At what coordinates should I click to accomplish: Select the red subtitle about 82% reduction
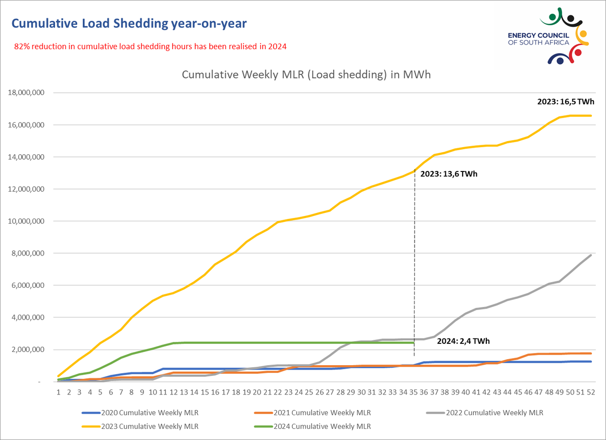[x=150, y=47]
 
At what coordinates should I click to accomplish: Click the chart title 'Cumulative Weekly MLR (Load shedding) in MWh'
[x=306, y=75]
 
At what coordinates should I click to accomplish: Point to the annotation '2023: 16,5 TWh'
[x=566, y=102]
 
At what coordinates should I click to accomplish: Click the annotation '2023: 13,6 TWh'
[x=449, y=174]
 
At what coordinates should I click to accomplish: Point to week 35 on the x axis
[x=414, y=391]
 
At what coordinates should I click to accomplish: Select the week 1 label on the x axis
[x=59, y=391]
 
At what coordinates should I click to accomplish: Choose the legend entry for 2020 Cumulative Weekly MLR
[x=140, y=413]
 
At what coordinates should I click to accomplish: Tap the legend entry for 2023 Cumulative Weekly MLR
[x=140, y=426]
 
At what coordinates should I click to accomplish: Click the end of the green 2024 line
[x=414, y=343]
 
